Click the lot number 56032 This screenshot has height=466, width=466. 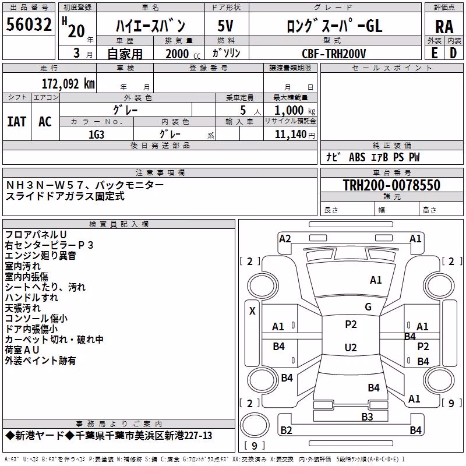click(29, 24)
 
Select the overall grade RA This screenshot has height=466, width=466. click(444, 27)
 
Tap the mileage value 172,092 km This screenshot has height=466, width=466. click(68, 84)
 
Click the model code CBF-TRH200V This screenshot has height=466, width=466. click(334, 54)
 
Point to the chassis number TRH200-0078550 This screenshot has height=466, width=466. click(391, 185)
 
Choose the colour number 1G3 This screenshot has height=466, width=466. click(96, 135)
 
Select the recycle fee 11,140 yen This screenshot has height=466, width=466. click(295, 135)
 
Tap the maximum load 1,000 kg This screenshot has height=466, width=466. click(295, 111)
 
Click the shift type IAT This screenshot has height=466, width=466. click(17, 122)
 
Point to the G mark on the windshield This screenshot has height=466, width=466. click(368, 307)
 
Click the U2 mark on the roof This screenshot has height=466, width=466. click(351, 347)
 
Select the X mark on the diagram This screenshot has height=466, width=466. click(252, 311)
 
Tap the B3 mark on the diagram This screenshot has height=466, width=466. click(367, 417)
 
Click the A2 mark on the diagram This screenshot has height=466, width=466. click(285, 239)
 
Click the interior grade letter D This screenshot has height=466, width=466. click(453, 53)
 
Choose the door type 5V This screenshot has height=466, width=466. click(225, 26)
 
